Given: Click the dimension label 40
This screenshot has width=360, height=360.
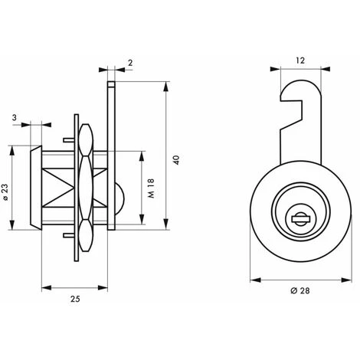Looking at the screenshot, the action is coord(177,160).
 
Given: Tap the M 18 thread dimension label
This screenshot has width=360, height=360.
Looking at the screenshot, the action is coord(151,188).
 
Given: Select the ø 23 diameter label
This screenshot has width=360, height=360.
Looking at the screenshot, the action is coord(5,192).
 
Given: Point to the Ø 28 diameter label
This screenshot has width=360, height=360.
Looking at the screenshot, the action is coord(300,290).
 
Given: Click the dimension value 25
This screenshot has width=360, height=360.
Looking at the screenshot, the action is coord(75,299).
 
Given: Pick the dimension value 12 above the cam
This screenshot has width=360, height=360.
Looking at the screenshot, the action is coord(300,61).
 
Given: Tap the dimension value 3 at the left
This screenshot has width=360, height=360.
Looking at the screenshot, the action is coord(15,118).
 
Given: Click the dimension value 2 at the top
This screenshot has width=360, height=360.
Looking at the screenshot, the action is coord(130,63).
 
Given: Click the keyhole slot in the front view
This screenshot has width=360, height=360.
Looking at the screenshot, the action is coord(300,219).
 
